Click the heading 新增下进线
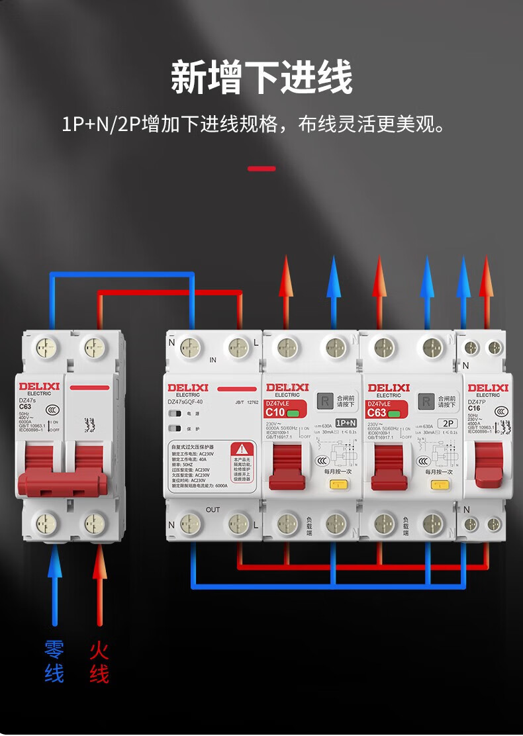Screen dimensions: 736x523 261,77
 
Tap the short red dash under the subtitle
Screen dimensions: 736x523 261,169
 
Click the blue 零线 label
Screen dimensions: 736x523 54,661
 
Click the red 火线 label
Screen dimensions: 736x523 99,661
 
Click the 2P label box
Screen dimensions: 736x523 449,422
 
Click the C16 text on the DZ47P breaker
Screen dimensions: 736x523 474,408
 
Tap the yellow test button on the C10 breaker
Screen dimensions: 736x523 336,484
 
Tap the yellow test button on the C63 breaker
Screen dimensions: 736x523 438,484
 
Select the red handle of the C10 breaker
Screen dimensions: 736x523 287,467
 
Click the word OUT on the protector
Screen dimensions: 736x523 213,510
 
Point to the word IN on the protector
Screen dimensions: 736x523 213,361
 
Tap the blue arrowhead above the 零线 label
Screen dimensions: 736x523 54,563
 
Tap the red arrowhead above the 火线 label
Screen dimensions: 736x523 99,563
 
